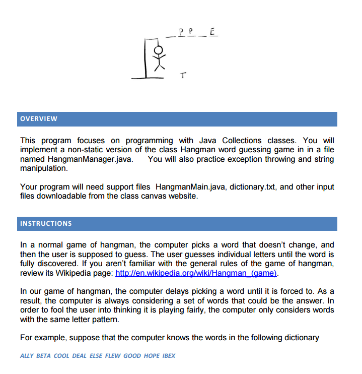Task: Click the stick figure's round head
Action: (x=159, y=49)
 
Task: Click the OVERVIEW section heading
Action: (x=39, y=119)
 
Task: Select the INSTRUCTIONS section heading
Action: (x=46, y=223)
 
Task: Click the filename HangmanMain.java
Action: (x=188, y=187)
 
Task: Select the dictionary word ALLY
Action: (x=27, y=355)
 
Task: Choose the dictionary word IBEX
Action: (x=169, y=355)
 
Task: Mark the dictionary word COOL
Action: (x=61, y=355)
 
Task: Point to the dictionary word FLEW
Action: (x=113, y=355)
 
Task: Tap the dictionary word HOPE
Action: (x=152, y=355)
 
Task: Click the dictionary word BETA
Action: (x=44, y=355)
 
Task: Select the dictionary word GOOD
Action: (x=132, y=355)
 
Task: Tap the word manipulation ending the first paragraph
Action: (x=44, y=168)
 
